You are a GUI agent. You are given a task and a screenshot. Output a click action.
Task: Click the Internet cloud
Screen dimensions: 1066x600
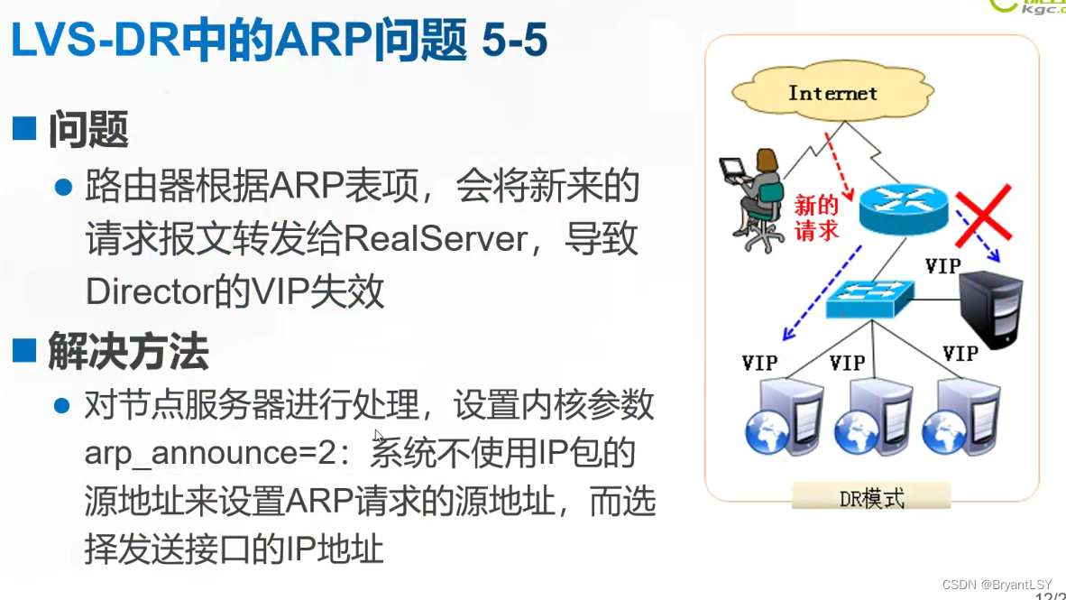click(831, 94)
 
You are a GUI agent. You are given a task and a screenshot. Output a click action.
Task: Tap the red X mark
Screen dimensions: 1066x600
click(982, 217)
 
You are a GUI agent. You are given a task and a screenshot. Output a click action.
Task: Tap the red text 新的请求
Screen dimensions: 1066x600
click(816, 217)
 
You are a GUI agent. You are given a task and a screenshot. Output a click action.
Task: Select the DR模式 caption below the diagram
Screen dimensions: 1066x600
click(871, 497)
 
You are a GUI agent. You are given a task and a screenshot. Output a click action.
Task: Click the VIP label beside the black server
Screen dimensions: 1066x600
click(942, 266)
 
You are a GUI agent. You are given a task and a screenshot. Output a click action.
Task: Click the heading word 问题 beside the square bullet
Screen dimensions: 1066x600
click(88, 130)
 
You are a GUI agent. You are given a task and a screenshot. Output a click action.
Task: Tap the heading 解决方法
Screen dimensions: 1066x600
click(128, 351)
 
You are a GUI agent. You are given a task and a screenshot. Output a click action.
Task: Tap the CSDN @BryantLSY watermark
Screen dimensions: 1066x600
click(1000, 585)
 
